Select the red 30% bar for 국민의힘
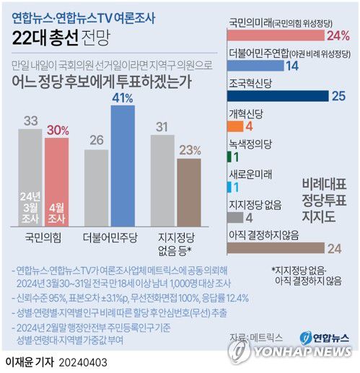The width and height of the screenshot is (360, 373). click(58, 181)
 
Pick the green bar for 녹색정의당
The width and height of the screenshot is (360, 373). click(229, 156)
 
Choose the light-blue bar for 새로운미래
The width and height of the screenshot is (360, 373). click(229, 186)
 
